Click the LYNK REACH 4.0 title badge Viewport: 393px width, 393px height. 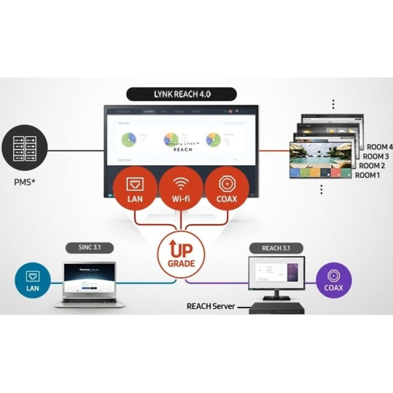pyautogui.click(x=182, y=94)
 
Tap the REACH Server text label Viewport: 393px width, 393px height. pyautogui.click(x=209, y=306)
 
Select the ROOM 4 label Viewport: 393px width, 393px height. pyautogui.click(x=380, y=147)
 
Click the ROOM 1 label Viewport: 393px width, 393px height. pyautogui.click(x=367, y=175)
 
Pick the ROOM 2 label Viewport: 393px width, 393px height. pyautogui.click(x=372, y=166)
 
